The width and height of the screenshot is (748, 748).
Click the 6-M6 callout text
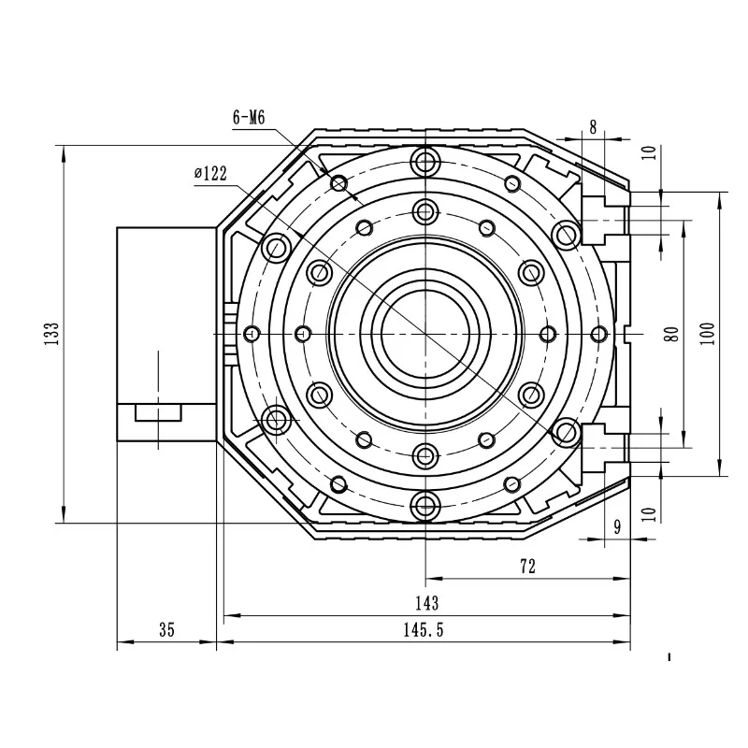tap(249, 118)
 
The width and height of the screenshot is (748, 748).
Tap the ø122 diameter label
tap(210, 173)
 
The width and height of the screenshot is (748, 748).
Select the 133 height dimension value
tap(51, 334)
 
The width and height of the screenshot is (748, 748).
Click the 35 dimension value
tap(167, 629)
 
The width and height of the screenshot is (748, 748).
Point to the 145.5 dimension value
tap(424, 630)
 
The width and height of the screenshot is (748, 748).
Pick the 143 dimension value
tap(426, 603)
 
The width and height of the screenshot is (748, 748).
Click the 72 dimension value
tap(527, 567)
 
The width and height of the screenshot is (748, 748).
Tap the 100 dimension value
tap(709, 334)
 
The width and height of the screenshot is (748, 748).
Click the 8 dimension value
tap(593, 127)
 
